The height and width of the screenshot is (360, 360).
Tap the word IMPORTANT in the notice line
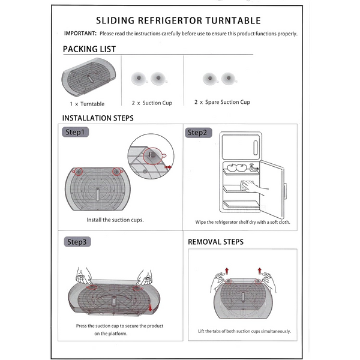(80, 34)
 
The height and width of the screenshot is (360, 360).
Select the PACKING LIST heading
(89, 49)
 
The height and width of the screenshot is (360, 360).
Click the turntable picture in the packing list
(88, 78)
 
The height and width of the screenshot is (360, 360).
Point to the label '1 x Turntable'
(87, 103)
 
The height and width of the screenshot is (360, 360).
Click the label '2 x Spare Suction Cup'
(222, 103)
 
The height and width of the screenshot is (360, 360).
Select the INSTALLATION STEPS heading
(98, 118)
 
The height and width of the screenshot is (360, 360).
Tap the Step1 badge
(77, 132)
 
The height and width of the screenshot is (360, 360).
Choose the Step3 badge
(77, 242)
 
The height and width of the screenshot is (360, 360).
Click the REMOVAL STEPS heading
(216, 242)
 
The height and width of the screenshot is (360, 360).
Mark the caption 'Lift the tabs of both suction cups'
(244, 331)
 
